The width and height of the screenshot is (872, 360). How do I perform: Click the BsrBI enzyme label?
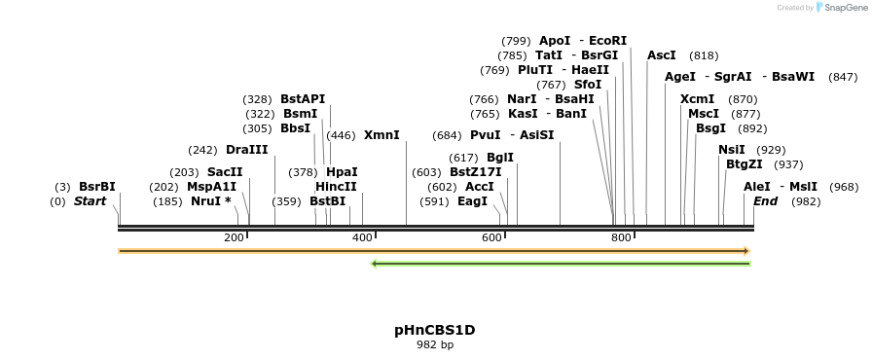97,187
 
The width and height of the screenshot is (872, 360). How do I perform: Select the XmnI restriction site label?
381,135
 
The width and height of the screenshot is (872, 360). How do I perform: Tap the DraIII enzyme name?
246,150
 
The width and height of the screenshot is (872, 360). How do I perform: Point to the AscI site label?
662,55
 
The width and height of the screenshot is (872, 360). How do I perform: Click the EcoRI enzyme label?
608,41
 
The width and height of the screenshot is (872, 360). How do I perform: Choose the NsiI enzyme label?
732,150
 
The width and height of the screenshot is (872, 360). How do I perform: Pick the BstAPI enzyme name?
303,99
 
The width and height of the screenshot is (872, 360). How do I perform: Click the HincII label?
336,187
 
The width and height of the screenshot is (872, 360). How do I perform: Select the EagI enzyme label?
472,201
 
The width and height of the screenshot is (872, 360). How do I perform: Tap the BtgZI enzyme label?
745,164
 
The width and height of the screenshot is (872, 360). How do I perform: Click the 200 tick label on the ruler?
234,238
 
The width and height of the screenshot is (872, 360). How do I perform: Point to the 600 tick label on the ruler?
492,238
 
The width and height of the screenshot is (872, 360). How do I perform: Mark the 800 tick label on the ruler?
621,238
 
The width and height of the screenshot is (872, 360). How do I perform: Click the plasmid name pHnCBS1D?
435,330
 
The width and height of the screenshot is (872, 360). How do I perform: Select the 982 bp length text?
435,344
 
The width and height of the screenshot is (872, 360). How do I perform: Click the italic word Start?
90,201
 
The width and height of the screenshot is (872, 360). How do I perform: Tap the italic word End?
766,201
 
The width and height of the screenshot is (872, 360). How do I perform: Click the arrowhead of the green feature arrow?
375,263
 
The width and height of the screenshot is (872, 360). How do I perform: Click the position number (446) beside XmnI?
341,135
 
